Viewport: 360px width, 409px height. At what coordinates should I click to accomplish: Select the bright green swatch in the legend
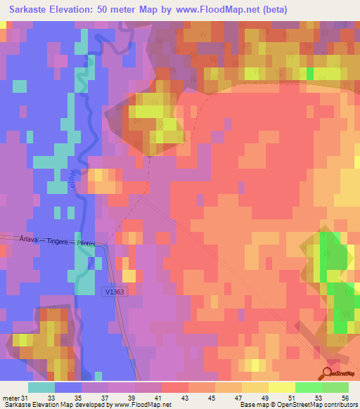[x=308, y=387]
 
